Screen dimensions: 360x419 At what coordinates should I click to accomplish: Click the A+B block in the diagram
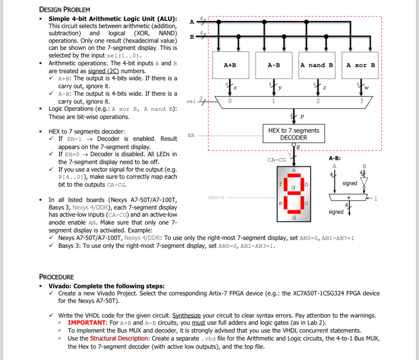tap(230, 65)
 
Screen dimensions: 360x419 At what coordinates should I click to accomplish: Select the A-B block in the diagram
tap(274, 65)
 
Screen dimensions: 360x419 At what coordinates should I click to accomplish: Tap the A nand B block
tap(317, 65)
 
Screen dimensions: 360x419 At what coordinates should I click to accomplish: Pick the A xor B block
tap(361, 65)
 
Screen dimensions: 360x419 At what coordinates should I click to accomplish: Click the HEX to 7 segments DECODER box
tap(294, 134)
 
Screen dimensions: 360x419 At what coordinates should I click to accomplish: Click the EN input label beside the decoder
tap(191, 135)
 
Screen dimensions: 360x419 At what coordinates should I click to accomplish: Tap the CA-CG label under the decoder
tap(276, 160)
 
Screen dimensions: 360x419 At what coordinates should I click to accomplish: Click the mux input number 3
tap(361, 101)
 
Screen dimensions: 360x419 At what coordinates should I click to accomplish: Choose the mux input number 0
tap(230, 101)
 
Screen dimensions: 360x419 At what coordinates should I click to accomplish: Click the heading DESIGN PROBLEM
tap(64, 9)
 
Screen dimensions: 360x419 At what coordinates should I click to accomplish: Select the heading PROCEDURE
tap(56, 277)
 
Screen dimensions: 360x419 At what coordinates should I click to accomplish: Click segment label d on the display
tap(294, 218)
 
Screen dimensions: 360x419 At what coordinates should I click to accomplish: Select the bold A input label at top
tap(192, 22)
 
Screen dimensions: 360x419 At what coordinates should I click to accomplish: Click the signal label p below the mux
tap(302, 117)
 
